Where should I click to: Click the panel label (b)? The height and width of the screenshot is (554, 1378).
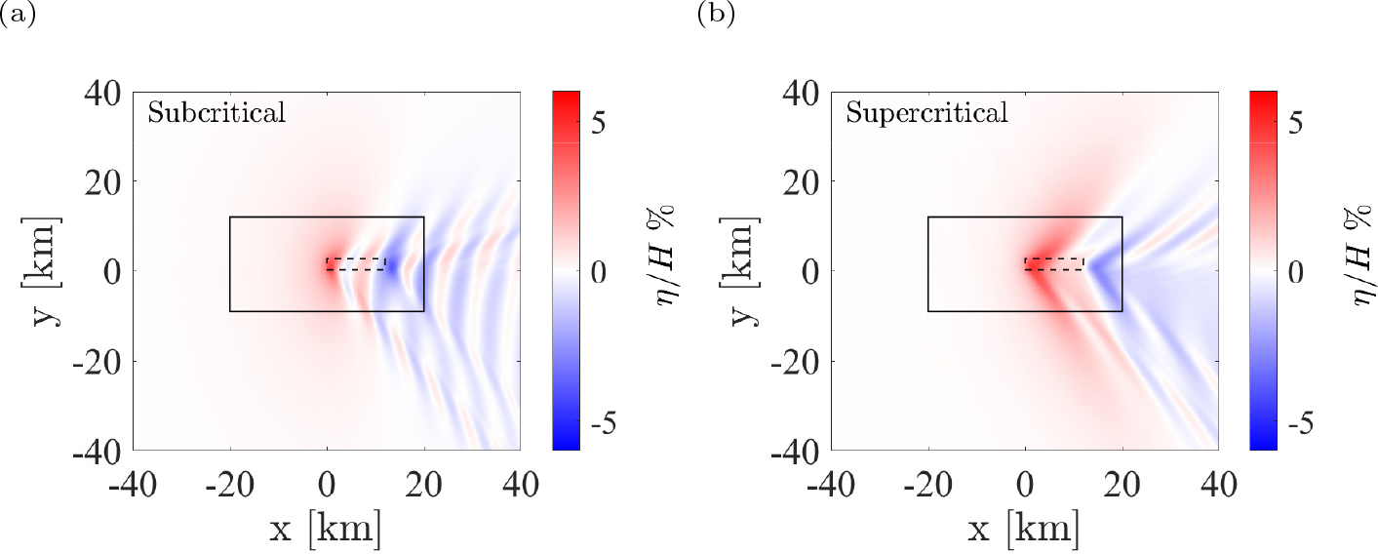coord(715,15)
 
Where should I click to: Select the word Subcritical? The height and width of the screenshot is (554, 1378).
coord(217,113)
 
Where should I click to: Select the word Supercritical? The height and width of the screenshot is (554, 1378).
coord(926,113)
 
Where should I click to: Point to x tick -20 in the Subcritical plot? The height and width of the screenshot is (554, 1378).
coord(230,484)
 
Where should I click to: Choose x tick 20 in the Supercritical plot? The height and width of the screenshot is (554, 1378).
coord(1122,484)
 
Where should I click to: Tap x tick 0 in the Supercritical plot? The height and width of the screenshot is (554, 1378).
coord(1025,484)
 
